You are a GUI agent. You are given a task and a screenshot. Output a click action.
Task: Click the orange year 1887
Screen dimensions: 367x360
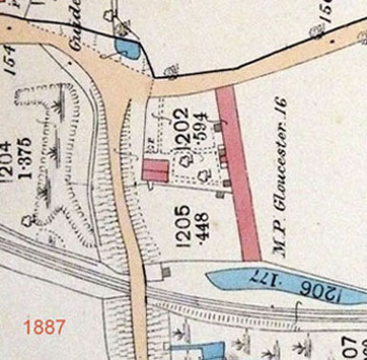(45, 326)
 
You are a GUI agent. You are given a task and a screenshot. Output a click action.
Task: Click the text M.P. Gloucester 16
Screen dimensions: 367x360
(284, 190)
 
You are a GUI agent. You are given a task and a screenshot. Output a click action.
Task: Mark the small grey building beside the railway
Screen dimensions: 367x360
(165, 272)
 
